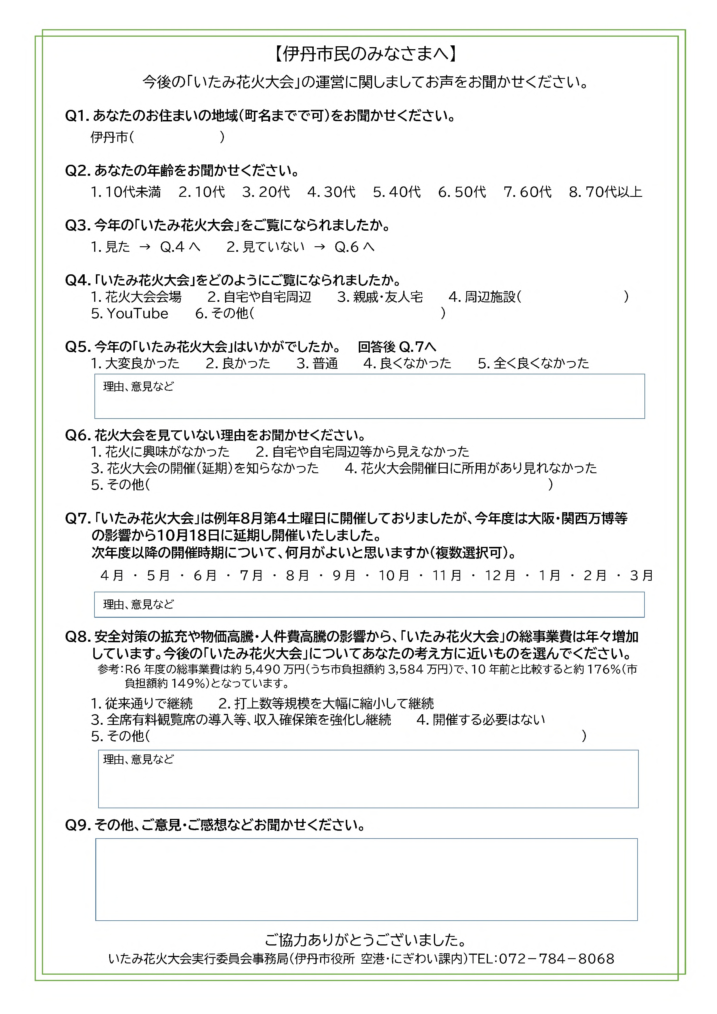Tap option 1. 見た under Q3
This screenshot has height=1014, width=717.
(x=110, y=247)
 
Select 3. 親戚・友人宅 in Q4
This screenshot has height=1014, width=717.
(x=380, y=297)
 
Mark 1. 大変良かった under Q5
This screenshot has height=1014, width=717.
(x=135, y=363)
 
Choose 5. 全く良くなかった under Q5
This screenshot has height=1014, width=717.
(x=533, y=363)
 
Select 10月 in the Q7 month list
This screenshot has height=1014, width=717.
(x=393, y=576)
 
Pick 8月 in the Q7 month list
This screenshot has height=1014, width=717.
(x=297, y=576)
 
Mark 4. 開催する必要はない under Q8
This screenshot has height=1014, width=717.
(x=481, y=719)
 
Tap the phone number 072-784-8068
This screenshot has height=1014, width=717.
(x=556, y=959)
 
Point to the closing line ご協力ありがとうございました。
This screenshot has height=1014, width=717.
(x=365, y=940)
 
